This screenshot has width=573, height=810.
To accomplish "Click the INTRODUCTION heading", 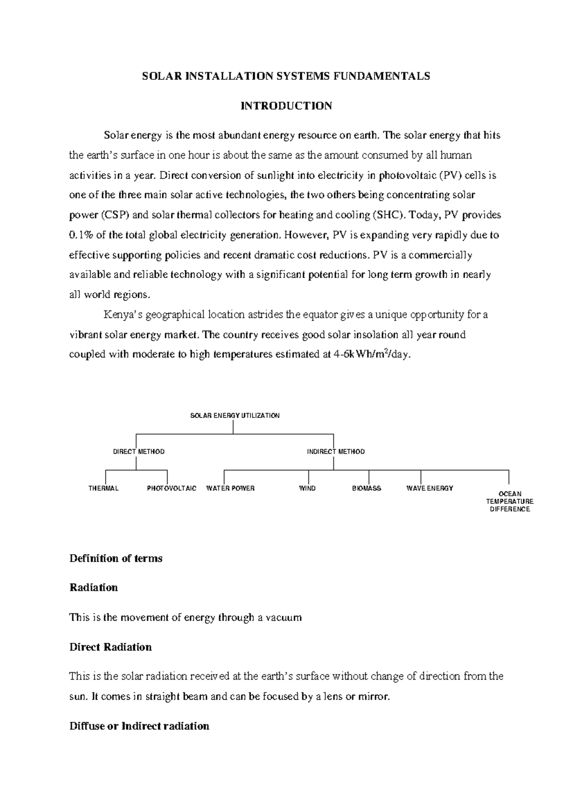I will coord(286,106).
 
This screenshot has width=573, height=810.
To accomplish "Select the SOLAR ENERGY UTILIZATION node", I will coord(235,416).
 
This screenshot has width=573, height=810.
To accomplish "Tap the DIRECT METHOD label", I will coord(138,452).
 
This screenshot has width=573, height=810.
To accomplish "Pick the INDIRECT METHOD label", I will coord(336,452).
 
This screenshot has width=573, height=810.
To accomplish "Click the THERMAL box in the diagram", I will coord(103,489).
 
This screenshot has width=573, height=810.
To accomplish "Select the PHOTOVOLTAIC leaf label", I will coord(171,489).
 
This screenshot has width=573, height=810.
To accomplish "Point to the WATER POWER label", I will coord(230,489).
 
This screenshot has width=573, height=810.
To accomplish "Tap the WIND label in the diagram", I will coord(307,489).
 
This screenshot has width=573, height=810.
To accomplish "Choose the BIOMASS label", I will coord(366,489).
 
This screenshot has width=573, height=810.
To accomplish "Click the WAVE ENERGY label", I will coord(429,489).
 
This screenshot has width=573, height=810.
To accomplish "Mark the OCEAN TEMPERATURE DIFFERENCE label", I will coord(509,501).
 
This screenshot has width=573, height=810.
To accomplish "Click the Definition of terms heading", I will coord(116,558).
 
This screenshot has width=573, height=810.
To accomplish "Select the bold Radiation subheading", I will coord(94,588).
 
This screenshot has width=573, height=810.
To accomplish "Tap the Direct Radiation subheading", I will coord(110,647).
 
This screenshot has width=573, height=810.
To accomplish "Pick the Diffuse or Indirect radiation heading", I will coord(139,726).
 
